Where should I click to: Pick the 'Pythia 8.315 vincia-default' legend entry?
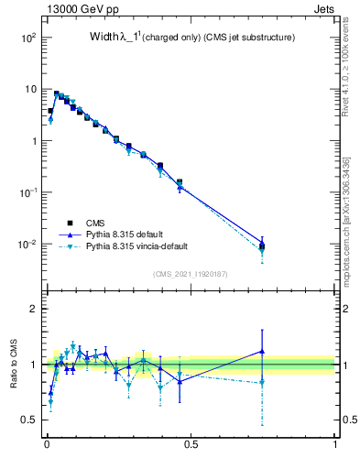147,246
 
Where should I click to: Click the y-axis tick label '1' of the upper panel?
32,141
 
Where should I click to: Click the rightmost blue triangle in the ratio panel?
262,351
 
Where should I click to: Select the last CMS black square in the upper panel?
262,245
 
